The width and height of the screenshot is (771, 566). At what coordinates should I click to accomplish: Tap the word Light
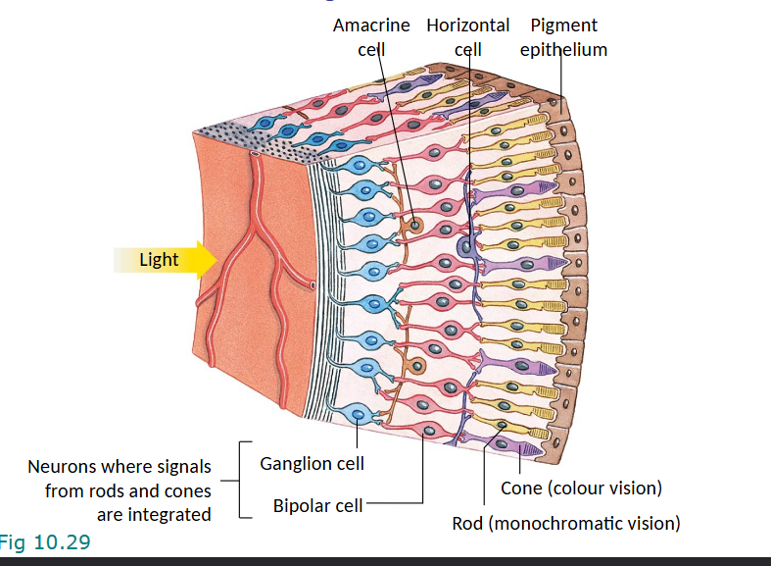pos(159,260)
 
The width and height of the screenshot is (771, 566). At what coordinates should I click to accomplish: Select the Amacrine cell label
pos(371,36)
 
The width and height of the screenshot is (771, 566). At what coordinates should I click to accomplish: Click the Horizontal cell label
pos(468,36)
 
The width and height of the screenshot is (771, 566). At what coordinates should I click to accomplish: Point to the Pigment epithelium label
pos(563,36)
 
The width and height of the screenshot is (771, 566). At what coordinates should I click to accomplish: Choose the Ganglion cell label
pos(312,463)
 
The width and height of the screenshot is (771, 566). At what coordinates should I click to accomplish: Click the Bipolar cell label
pos(317,506)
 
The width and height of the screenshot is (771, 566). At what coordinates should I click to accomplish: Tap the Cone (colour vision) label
pos(581,489)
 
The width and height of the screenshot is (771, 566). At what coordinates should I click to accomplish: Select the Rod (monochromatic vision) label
pos(565,523)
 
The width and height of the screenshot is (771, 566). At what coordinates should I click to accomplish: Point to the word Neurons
pos(62,467)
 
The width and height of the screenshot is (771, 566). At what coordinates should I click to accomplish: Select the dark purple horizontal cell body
pos(468,245)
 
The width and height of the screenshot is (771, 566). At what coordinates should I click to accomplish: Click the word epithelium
pos(563,49)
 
